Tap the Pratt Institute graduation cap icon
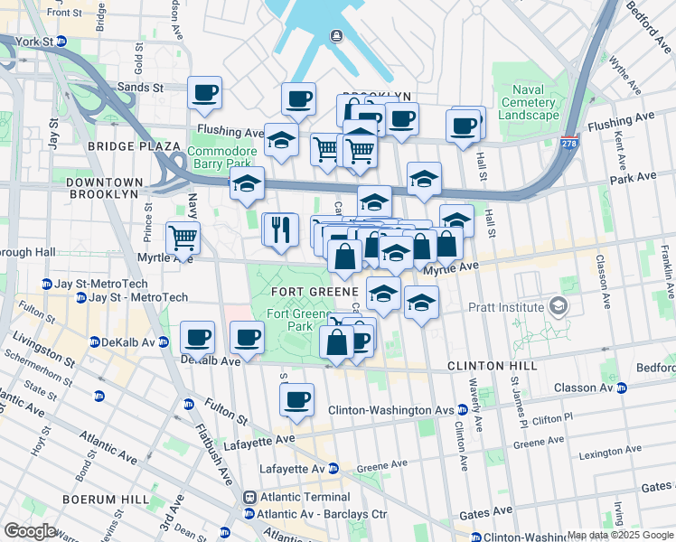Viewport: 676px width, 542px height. [558, 308]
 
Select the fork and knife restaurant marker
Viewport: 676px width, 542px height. [280, 229]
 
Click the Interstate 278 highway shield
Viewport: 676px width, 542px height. [568, 144]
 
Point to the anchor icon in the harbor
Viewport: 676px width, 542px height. [336, 36]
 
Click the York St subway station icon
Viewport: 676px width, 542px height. [61, 42]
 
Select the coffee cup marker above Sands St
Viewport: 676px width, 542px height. [205, 92]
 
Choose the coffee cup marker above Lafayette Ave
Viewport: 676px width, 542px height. [296, 398]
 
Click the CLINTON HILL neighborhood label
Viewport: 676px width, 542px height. [493, 366]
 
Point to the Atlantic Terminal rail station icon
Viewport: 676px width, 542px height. [249, 497]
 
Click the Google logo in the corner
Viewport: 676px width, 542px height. [30, 530]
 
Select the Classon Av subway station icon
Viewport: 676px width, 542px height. [622, 388]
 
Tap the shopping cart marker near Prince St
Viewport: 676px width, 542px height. [183, 238]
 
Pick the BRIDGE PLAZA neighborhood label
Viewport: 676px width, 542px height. [134, 145]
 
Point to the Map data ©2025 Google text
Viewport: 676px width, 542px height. [620, 535]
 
